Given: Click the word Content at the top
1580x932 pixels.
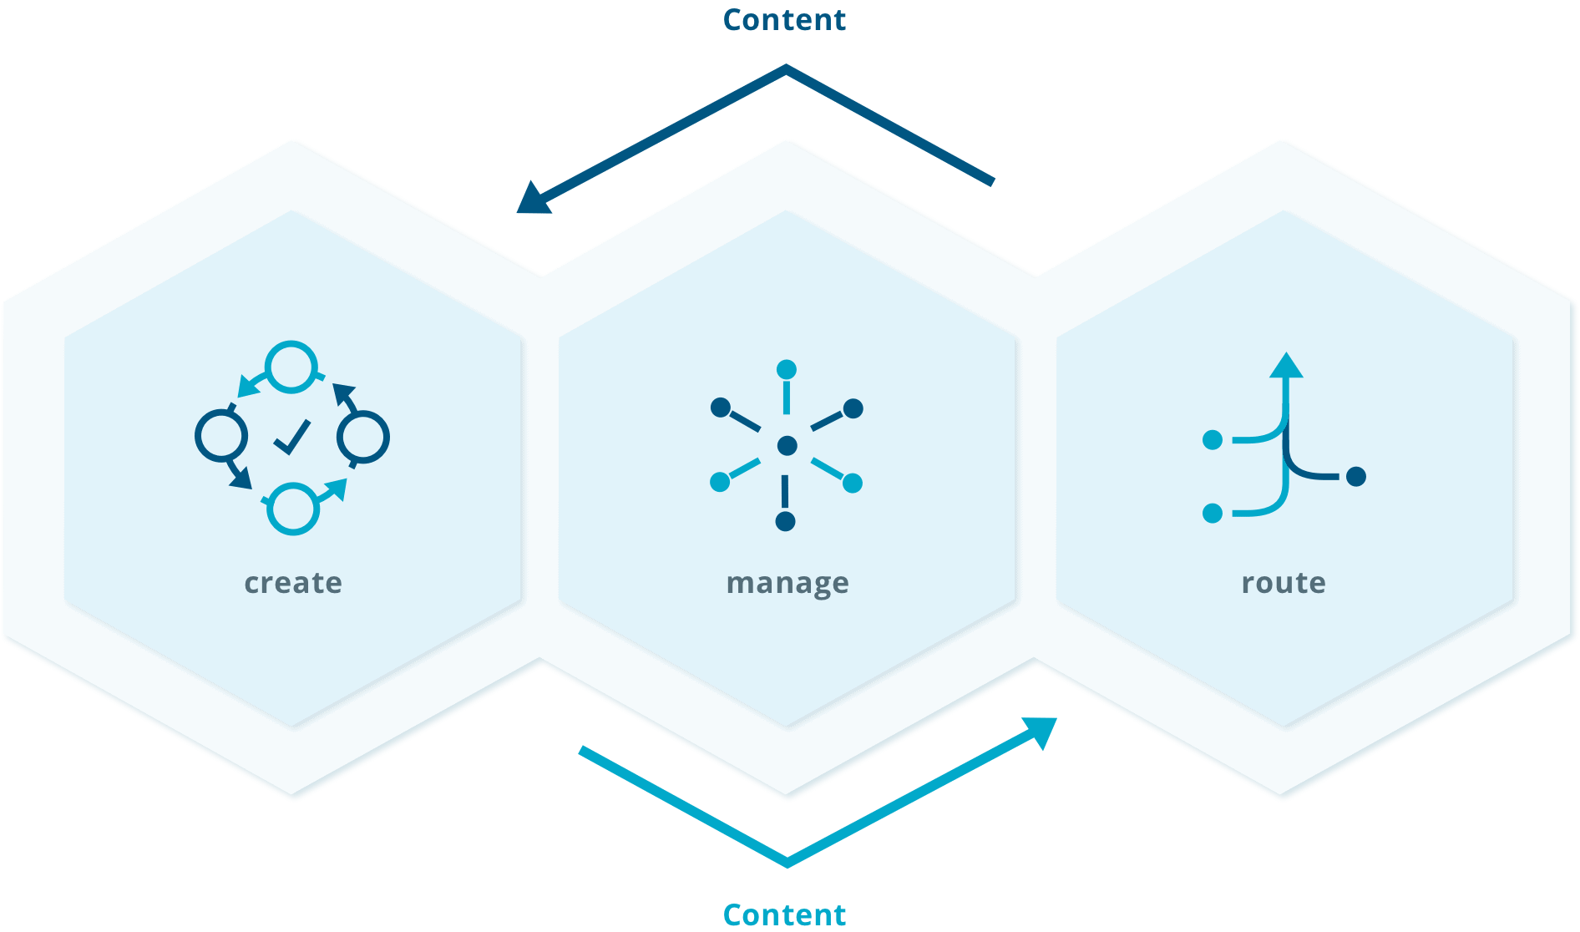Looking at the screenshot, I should click(784, 20).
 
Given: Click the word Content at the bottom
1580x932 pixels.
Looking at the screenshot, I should click(784, 914).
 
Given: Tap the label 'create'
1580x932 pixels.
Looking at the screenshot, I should click(293, 582).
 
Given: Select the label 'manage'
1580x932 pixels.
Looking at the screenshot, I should click(787, 583).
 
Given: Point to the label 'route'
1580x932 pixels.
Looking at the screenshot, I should click(1284, 582).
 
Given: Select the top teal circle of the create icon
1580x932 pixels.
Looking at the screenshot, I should click(291, 367).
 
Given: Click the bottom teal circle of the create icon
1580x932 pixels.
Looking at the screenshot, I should click(292, 508).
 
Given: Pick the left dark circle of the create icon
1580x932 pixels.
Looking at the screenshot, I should click(221, 435).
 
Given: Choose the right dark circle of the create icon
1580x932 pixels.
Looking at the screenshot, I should click(363, 437).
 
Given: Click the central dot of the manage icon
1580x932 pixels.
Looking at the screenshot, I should click(787, 446).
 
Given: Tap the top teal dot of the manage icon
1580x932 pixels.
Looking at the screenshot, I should click(787, 369).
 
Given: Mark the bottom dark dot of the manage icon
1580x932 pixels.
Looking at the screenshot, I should click(785, 522).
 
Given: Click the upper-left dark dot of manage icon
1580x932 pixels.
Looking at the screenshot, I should click(720, 408).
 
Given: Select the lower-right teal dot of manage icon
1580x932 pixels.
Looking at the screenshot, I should click(853, 483).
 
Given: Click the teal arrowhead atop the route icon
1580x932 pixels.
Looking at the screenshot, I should click(1286, 366).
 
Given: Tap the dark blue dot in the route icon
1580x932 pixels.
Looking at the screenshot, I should click(1356, 476).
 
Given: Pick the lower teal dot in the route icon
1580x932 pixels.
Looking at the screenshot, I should click(1213, 513).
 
